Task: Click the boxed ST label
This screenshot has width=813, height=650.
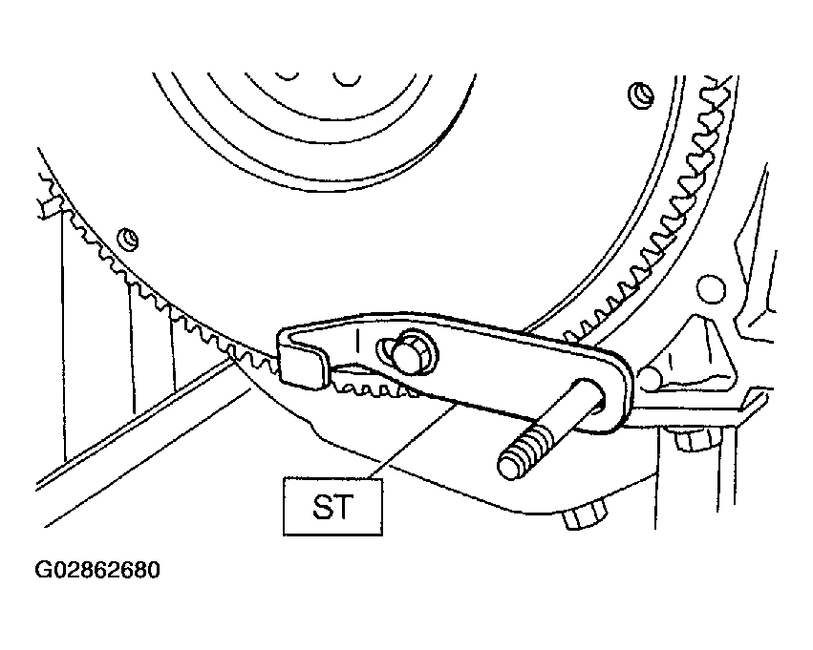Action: [332, 507]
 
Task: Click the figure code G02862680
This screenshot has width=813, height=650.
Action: [97, 570]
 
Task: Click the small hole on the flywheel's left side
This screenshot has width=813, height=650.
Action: [128, 239]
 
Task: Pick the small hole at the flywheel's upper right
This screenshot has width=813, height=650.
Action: [641, 94]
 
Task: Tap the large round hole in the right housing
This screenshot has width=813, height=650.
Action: [711, 290]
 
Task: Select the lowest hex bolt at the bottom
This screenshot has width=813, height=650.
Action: [585, 515]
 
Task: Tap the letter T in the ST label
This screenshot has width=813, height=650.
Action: [345, 507]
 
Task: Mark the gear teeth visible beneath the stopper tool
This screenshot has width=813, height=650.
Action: [374, 384]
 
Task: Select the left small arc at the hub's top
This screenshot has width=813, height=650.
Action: [287, 76]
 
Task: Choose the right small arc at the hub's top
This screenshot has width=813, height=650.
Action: [347, 79]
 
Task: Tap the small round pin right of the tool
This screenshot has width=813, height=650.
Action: [651, 378]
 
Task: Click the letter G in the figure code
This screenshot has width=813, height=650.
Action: [42, 570]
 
